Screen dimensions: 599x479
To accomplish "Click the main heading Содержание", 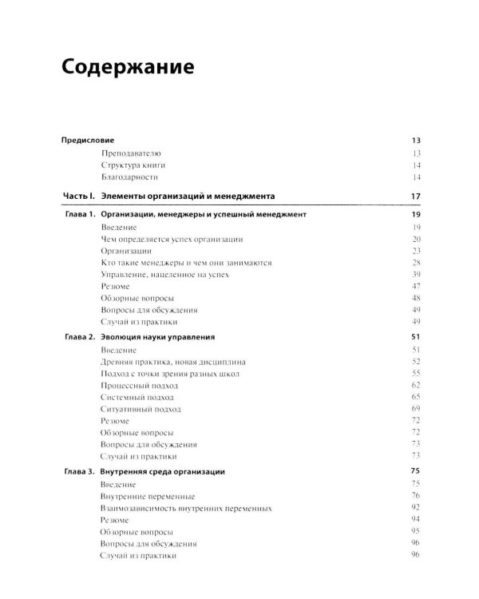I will (128, 67).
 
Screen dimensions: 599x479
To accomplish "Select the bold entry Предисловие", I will (88, 141).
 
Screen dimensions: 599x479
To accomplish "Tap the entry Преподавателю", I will (132, 153).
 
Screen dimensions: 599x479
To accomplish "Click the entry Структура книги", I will (136, 165).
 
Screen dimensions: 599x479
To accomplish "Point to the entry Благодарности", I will (132, 177).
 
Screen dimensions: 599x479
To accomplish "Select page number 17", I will (415, 196).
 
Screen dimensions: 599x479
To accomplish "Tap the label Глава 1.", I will (81, 216).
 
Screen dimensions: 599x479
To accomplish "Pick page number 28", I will (415, 262).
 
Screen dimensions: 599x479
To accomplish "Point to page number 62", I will (415, 385).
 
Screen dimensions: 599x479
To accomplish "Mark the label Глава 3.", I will (81, 473).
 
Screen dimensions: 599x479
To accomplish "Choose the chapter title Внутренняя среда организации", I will (173, 473).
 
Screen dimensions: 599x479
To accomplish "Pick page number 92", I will (415, 508).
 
